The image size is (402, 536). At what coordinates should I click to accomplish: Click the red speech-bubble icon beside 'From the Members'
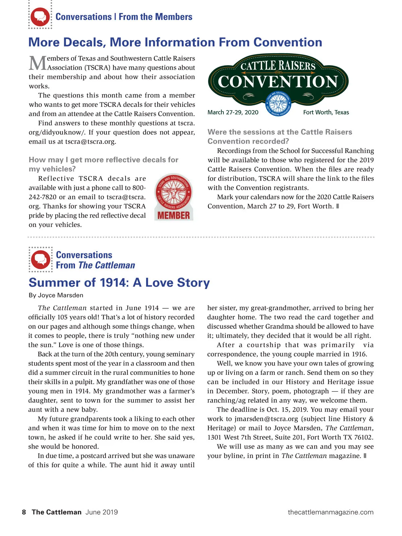[x=40, y=17]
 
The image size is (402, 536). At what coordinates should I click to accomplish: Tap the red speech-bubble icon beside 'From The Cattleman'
[x=41, y=260]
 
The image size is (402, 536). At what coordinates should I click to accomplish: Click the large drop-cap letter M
[x=38, y=63]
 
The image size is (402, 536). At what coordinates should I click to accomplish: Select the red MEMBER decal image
[x=174, y=197]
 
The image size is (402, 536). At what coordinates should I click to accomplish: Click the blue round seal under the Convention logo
[x=278, y=104]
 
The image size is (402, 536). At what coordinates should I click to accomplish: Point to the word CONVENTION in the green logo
[x=278, y=82]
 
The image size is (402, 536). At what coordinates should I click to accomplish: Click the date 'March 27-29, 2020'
[x=233, y=112]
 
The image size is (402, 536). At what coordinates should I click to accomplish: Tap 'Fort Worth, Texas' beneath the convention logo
[x=326, y=112]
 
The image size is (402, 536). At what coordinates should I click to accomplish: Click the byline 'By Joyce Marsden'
[x=56, y=295]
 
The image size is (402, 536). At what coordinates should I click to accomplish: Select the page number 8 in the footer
[x=24, y=512]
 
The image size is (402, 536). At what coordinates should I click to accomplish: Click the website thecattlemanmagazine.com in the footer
[x=330, y=512]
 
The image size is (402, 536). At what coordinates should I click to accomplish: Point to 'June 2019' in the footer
[x=102, y=512]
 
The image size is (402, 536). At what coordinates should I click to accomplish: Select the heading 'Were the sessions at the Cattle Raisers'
[x=280, y=132]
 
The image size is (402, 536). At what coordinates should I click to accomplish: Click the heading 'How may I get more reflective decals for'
[x=104, y=160]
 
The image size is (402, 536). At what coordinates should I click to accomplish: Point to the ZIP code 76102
[x=363, y=437]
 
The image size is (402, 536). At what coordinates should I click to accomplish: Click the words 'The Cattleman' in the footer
[x=57, y=512]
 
